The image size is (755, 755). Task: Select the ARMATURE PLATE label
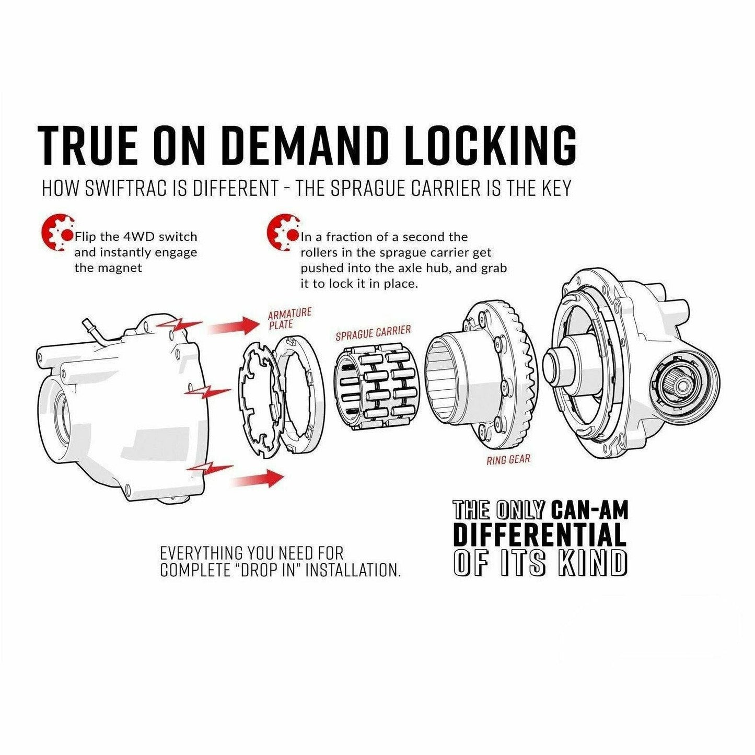pyautogui.click(x=289, y=318)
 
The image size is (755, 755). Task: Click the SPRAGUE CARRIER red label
pyautogui.click(x=373, y=333)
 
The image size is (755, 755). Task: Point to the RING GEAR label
pyautogui.click(x=508, y=460)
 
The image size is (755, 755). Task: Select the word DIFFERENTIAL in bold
pyautogui.click(x=539, y=535)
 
